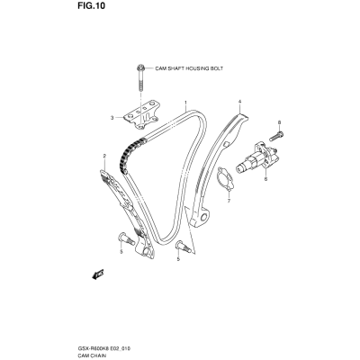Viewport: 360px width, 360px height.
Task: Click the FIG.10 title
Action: click(x=91, y=5)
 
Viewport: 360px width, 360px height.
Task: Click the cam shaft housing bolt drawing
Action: click(x=140, y=77)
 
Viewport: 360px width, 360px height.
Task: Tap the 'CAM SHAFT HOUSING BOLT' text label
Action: click(x=189, y=68)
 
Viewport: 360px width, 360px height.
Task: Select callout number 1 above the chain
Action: click(x=185, y=103)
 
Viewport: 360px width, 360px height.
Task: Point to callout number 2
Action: click(x=104, y=156)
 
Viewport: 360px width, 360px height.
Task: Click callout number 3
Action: click(x=112, y=118)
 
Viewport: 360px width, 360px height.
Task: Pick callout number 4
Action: click(x=239, y=102)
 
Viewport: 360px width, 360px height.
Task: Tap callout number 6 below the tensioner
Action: click(x=265, y=179)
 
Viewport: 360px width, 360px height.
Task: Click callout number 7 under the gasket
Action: click(x=229, y=201)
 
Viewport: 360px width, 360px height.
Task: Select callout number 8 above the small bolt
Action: click(x=279, y=122)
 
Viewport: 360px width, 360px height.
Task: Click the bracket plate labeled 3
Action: click(x=142, y=115)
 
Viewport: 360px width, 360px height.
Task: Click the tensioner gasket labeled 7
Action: click(x=226, y=179)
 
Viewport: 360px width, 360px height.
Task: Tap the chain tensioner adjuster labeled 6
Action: click(x=256, y=157)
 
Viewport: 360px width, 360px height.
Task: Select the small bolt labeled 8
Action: click(x=276, y=136)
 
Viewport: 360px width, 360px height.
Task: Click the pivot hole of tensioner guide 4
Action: click(x=204, y=217)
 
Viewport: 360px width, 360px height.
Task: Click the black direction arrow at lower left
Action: click(x=98, y=274)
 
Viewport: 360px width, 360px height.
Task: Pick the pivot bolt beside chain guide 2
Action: click(x=127, y=239)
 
